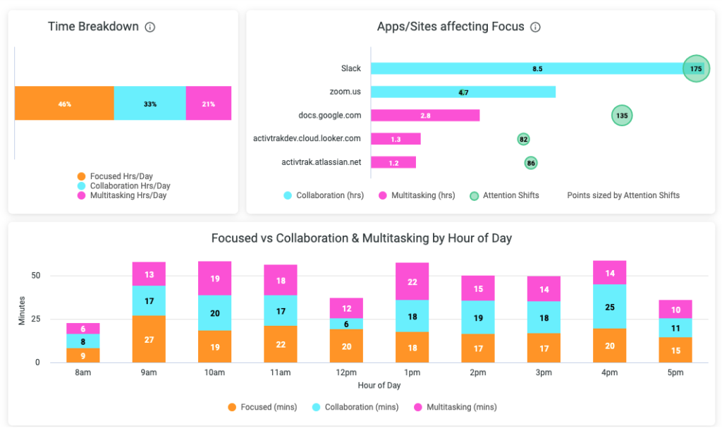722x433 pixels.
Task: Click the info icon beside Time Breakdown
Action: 149,28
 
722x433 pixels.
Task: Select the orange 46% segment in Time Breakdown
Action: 64,104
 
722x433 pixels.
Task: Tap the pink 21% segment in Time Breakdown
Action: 209,104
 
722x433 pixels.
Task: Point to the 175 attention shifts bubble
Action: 696,68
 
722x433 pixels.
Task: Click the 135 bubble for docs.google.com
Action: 622,115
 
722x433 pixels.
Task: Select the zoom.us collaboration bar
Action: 463,92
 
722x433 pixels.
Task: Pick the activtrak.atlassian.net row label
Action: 321,162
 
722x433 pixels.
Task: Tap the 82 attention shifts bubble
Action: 523,139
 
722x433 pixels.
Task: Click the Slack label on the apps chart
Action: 350,68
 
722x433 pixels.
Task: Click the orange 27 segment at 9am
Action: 149,339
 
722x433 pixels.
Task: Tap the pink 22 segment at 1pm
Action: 412,282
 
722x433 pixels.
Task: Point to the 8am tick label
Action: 82,371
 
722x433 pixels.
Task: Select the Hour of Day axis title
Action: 379,385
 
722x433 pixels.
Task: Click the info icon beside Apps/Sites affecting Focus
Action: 535,28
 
